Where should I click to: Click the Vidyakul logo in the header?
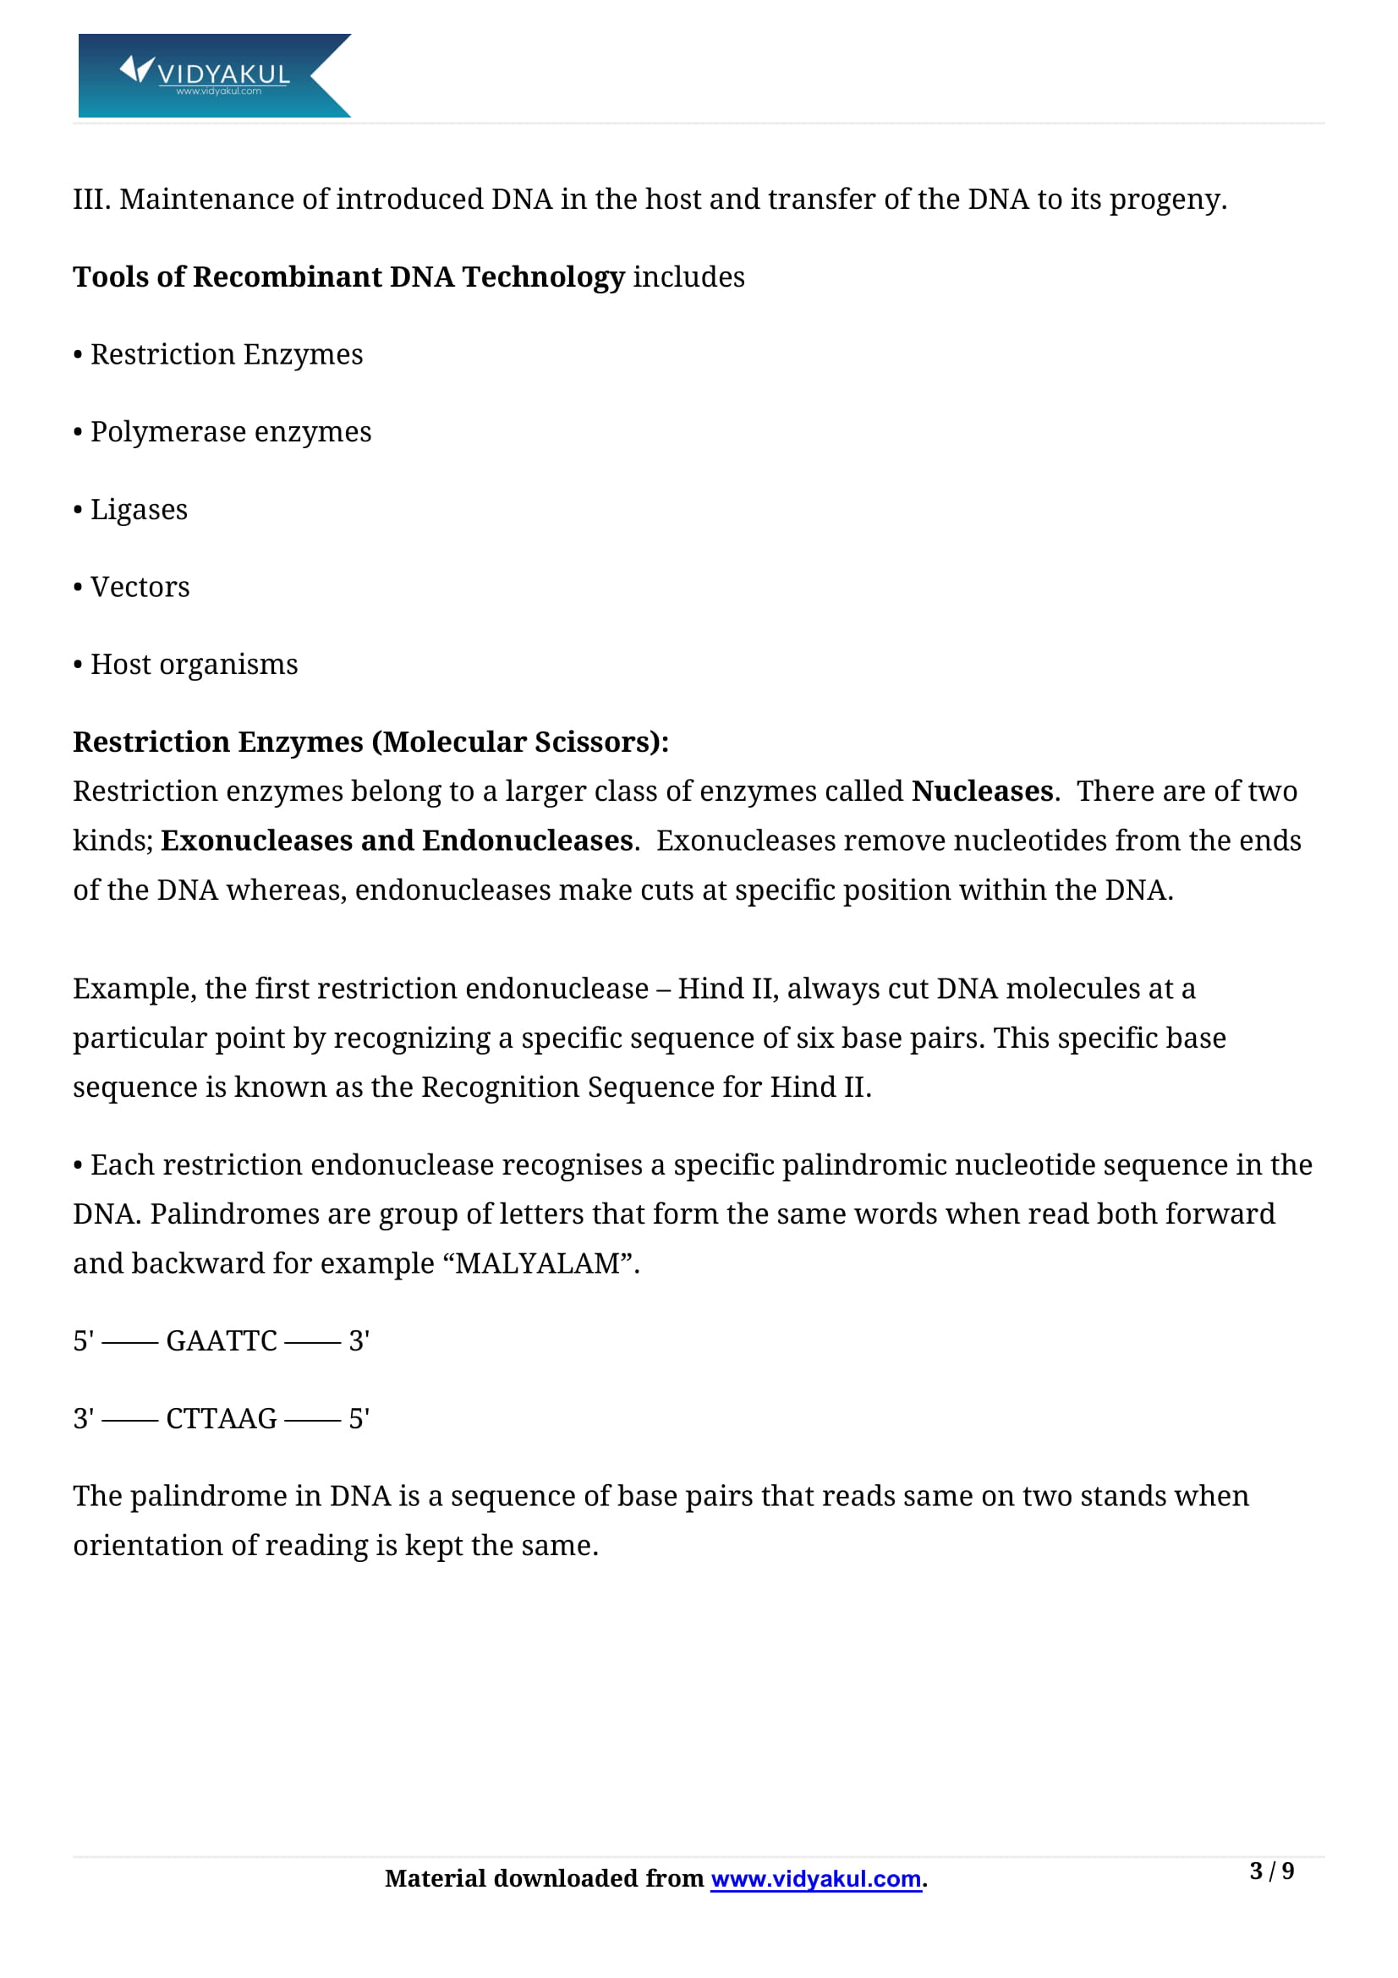click(x=214, y=75)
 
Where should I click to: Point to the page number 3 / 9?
click(x=1270, y=1871)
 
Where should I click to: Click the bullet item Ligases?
click(x=139, y=510)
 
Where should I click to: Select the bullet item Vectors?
click(x=140, y=587)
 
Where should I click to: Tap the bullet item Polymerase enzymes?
click(x=230, y=431)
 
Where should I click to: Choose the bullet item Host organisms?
click(x=194, y=664)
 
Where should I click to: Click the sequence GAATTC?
click(x=222, y=1340)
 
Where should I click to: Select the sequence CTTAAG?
click(x=222, y=1418)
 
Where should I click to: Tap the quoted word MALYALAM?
click(x=538, y=1263)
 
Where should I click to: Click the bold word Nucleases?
click(x=982, y=791)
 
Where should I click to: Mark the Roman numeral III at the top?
click(x=90, y=199)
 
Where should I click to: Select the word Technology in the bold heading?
click(x=543, y=277)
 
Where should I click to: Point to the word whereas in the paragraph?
click(x=285, y=890)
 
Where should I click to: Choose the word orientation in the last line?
click(x=161, y=1546)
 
